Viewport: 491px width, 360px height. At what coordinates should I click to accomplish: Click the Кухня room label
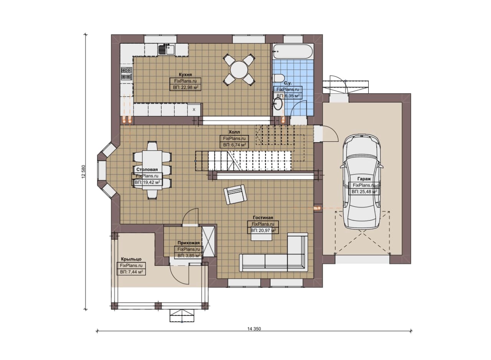pyautogui.click(x=185, y=74)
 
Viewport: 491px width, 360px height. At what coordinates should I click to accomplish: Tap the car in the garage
pyautogui.click(x=362, y=182)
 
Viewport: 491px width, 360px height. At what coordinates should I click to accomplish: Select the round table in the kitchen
pyautogui.click(x=239, y=70)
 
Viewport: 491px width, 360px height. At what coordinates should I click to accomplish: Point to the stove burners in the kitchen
pyautogui.click(x=127, y=73)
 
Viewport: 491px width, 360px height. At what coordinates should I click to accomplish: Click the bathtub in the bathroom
pyautogui.click(x=293, y=51)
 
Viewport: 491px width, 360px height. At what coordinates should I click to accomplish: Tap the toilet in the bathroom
pyautogui.click(x=278, y=78)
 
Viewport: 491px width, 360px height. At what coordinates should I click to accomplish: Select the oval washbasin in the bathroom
pyautogui.click(x=278, y=104)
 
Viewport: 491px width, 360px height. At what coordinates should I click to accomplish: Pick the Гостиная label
pyautogui.click(x=263, y=218)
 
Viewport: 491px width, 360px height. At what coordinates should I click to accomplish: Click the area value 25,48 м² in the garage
pyautogui.click(x=364, y=192)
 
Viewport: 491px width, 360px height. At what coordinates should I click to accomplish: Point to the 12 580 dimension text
pyautogui.click(x=83, y=171)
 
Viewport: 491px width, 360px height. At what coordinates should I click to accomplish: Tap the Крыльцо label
pyautogui.click(x=131, y=259)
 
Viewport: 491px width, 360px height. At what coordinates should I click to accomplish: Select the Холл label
pyautogui.click(x=234, y=132)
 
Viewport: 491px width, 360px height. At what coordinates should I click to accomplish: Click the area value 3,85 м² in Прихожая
pyautogui.click(x=189, y=255)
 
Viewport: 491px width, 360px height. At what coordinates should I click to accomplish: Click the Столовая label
pyautogui.click(x=147, y=169)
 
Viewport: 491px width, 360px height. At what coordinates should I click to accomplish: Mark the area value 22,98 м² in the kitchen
pyautogui.click(x=186, y=87)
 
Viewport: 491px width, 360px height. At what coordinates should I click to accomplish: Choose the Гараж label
pyautogui.click(x=364, y=179)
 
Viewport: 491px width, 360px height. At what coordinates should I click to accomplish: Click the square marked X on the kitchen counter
pyautogui.click(x=194, y=110)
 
